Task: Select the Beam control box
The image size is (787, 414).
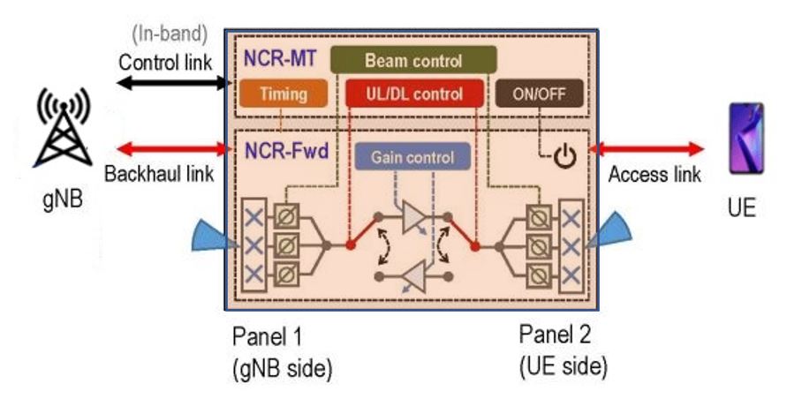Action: [x=413, y=62]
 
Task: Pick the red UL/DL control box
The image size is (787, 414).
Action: [x=413, y=94]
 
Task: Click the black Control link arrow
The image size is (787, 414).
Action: [x=171, y=83]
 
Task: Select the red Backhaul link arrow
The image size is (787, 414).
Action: [x=171, y=147]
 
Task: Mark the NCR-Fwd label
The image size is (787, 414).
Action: [x=281, y=151]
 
